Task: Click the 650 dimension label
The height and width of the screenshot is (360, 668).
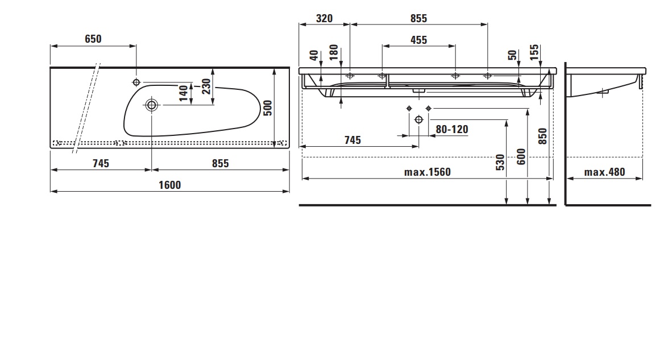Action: tap(93, 39)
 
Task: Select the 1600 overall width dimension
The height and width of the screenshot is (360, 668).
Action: tap(169, 185)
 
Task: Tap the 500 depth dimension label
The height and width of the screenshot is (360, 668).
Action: tap(268, 108)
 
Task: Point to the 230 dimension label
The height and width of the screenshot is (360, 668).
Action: tap(206, 86)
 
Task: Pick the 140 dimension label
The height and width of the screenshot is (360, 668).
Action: tap(183, 93)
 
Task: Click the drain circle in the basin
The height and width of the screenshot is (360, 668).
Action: tap(152, 105)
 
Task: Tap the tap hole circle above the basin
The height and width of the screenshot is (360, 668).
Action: tap(136, 82)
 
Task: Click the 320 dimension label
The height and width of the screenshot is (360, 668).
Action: tap(324, 18)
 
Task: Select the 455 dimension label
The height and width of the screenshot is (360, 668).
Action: tap(419, 40)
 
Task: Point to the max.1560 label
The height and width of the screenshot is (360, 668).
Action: tap(428, 172)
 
